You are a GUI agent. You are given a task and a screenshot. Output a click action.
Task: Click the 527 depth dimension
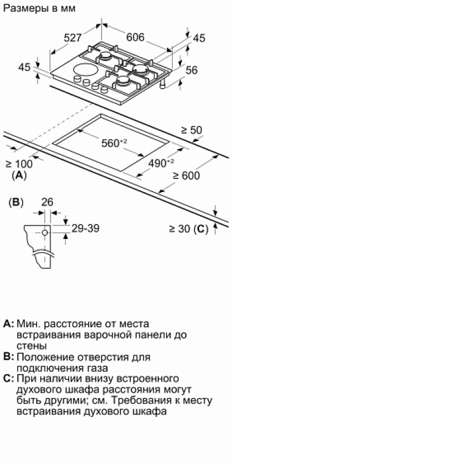[72, 38]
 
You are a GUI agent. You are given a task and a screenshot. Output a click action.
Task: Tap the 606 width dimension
[135, 37]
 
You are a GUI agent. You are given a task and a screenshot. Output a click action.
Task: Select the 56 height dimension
[191, 70]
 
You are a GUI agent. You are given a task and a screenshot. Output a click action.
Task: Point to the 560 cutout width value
[114, 143]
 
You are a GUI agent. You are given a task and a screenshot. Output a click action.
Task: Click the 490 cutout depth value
[161, 163]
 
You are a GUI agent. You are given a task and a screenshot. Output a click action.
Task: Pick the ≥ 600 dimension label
[186, 176]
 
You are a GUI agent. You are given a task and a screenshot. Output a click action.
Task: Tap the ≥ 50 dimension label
[191, 130]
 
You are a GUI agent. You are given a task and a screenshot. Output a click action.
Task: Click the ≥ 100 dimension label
[19, 164]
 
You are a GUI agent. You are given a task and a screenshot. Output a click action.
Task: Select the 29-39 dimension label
[85, 228]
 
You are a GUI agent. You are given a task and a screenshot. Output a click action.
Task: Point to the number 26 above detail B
[48, 202]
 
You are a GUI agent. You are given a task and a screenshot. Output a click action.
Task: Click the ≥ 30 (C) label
[189, 229]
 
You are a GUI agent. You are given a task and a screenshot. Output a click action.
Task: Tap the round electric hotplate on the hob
[85, 70]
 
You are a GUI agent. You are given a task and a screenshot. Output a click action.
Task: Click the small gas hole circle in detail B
[45, 233]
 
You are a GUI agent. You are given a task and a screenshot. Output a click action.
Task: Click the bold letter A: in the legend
[9, 324]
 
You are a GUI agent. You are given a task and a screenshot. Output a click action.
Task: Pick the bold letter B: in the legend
[9, 357]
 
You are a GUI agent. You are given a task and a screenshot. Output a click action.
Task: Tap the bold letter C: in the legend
[9, 379]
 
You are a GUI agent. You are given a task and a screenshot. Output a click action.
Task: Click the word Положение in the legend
[45, 357]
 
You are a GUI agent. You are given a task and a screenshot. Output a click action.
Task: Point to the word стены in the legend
[32, 346]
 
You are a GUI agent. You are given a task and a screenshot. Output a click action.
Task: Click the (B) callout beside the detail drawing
[16, 202]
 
